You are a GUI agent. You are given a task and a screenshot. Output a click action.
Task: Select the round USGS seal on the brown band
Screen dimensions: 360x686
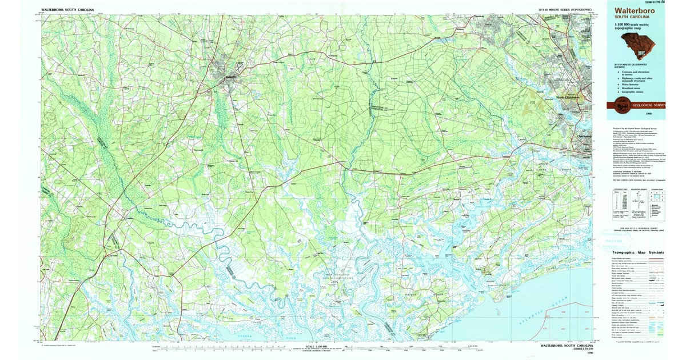pos(622,105)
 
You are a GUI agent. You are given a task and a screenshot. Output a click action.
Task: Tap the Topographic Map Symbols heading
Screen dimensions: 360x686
pos(638,252)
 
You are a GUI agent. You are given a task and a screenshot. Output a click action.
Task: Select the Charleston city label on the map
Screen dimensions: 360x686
pos(584,137)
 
